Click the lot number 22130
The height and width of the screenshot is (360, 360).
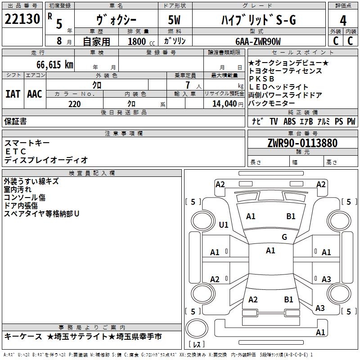(x=22, y=19)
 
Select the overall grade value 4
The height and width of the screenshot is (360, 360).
(x=343, y=21)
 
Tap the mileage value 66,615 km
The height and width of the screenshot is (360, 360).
(x=55, y=64)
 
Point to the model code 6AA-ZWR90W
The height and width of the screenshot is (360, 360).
(x=258, y=41)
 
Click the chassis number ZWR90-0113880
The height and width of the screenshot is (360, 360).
(x=302, y=143)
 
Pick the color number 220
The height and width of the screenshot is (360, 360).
(x=75, y=104)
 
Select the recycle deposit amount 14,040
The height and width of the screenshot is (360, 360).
(x=225, y=104)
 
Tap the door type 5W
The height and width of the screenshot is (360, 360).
(x=174, y=20)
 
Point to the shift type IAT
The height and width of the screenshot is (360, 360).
(x=13, y=94)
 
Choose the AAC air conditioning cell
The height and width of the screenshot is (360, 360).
(x=35, y=94)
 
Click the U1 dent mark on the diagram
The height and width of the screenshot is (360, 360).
(x=224, y=225)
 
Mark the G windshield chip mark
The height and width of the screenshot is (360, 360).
(x=284, y=237)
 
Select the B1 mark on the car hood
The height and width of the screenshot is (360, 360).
(x=291, y=216)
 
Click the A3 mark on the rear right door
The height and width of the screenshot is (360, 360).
(x=326, y=279)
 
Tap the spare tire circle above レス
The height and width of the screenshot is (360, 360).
(x=197, y=328)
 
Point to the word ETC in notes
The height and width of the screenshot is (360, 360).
(x=16, y=152)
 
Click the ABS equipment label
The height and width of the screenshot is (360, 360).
(x=289, y=121)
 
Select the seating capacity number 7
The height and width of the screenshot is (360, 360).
(x=188, y=85)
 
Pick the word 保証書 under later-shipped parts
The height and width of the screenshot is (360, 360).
(x=15, y=121)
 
